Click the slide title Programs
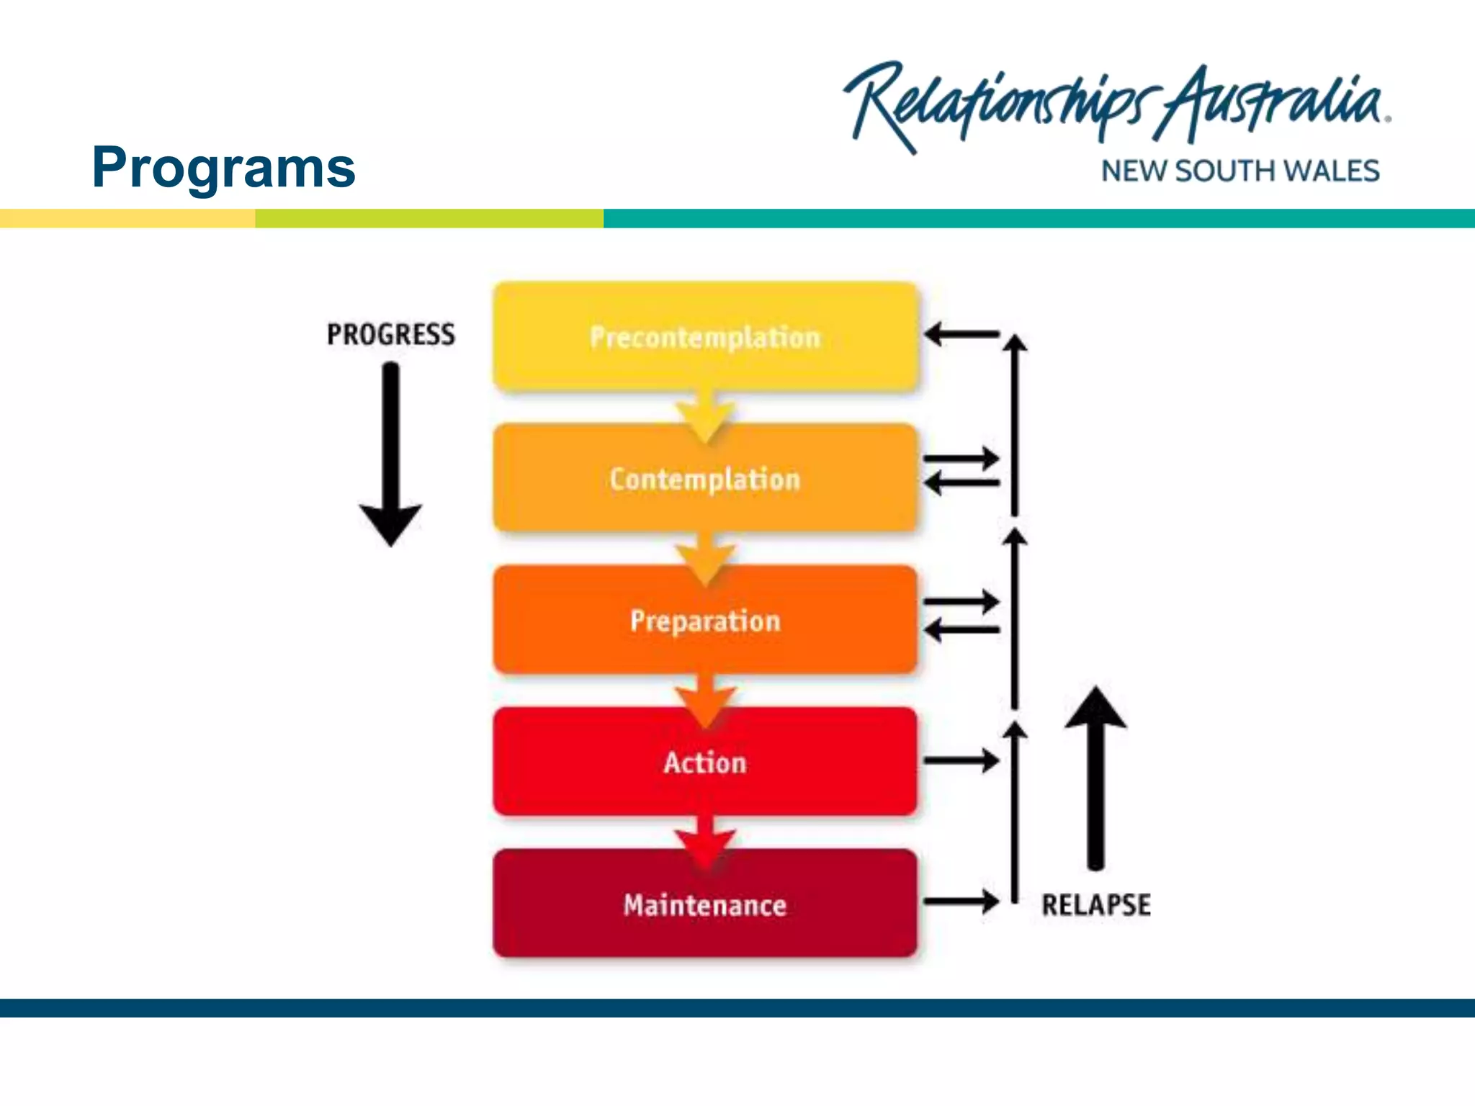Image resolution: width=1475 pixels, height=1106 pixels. coord(223,168)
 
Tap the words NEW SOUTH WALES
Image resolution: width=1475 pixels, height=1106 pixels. coord(1240,171)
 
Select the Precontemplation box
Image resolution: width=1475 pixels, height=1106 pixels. coord(705,336)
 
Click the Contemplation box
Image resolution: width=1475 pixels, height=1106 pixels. coord(705,478)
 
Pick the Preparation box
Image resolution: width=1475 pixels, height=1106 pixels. coord(705,620)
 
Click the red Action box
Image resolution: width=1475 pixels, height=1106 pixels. coord(705,762)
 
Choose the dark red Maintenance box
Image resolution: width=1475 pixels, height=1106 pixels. coord(705,904)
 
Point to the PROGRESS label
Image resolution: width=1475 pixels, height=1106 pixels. coord(390,334)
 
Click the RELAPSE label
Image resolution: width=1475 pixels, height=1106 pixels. coord(1095,904)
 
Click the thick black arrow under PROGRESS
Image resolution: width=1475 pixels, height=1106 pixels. coord(390,454)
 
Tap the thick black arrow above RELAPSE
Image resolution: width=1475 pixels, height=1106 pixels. coord(1095,778)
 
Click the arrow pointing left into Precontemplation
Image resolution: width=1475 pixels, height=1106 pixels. coord(961,334)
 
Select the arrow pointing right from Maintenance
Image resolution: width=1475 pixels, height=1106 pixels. coord(961,901)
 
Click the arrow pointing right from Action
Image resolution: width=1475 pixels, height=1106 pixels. coord(961,760)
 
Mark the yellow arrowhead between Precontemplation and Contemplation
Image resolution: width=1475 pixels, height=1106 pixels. coord(705,421)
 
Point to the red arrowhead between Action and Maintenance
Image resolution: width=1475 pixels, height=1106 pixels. coord(705,845)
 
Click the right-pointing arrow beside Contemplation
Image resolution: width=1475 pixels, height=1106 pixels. coord(961,458)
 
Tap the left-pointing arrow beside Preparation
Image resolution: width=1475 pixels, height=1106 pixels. coord(961,631)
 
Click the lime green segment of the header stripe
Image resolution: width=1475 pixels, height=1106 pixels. coord(429,218)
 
